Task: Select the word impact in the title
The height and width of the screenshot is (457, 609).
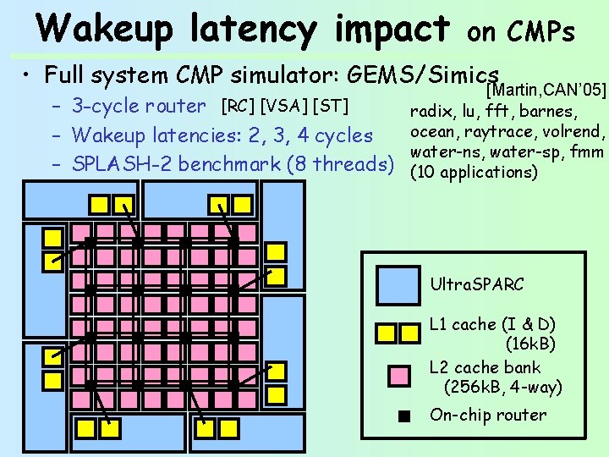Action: [x=391, y=28]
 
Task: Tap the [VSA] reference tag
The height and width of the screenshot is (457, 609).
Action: [x=283, y=106]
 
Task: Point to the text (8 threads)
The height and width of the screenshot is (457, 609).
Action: [x=341, y=162]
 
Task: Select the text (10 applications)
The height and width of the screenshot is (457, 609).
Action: [x=473, y=173]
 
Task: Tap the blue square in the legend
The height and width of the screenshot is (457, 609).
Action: [x=398, y=284]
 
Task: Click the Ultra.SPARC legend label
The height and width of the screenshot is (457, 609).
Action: [x=476, y=284]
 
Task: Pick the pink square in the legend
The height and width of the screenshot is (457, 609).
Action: [x=398, y=376]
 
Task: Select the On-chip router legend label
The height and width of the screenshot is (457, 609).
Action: [x=488, y=415]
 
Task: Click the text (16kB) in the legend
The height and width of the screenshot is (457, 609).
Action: [x=530, y=344]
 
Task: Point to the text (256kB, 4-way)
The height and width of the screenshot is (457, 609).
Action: [x=502, y=388]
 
